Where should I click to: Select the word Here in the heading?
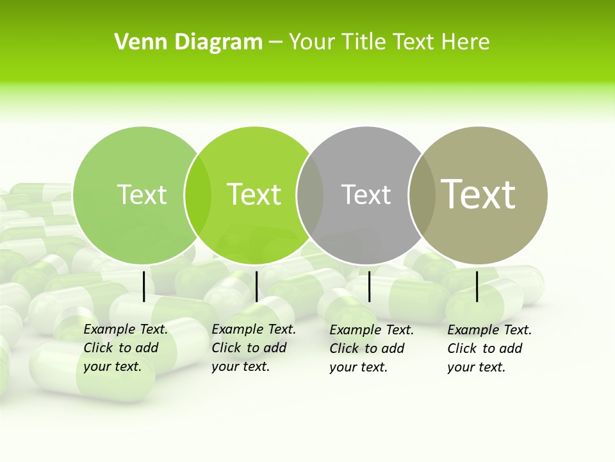(465, 42)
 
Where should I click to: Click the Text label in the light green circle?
(142, 195)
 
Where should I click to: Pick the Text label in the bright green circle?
(254, 195)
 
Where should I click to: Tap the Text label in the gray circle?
(366, 195)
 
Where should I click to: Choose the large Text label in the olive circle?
(479, 194)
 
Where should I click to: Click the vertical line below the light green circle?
(144, 286)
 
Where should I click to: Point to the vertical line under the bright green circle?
(256, 286)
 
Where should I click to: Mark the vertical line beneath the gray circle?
(369, 286)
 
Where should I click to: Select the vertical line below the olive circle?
(477, 286)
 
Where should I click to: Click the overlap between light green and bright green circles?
(198, 195)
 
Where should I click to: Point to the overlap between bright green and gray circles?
(310, 195)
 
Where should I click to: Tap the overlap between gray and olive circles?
(422, 195)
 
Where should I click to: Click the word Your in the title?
(311, 42)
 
